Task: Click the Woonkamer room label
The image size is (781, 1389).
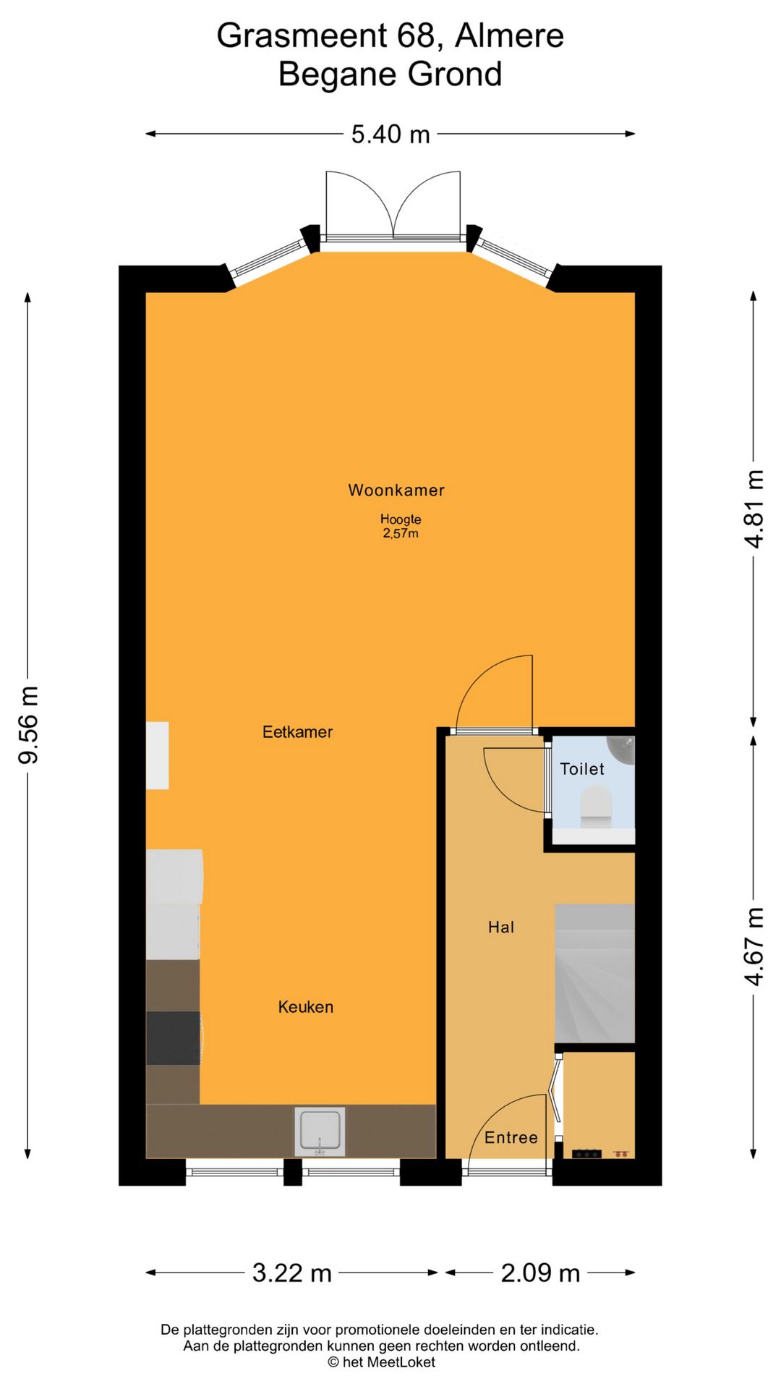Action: click(x=396, y=490)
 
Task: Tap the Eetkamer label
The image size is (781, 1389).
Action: click(x=297, y=731)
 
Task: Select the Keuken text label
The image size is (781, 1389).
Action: click(x=306, y=1006)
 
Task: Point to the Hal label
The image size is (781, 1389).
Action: click(x=501, y=927)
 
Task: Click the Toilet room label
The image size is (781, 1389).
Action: click(x=582, y=768)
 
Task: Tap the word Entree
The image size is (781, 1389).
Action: click(x=511, y=1137)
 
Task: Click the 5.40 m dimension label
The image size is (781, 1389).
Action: click(x=390, y=134)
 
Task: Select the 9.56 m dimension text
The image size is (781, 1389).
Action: click(x=29, y=725)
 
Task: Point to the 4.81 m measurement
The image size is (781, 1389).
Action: click(x=754, y=509)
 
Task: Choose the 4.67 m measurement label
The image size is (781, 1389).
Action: click(x=754, y=946)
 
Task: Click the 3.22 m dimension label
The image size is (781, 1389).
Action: click(x=291, y=1273)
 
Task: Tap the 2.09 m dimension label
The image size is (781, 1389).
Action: click(x=541, y=1273)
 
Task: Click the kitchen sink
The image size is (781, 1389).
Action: click(x=320, y=1131)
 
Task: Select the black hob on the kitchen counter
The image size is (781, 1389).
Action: click(x=174, y=1038)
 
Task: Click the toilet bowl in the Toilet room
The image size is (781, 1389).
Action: click(x=596, y=807)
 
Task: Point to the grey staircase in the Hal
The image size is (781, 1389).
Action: click(x=594, y=973)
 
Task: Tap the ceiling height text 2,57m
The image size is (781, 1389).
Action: click(x=401, y=533)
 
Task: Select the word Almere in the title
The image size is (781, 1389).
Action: click(x=509, y=35)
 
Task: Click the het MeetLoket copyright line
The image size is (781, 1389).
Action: click(x=382, y=1362)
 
